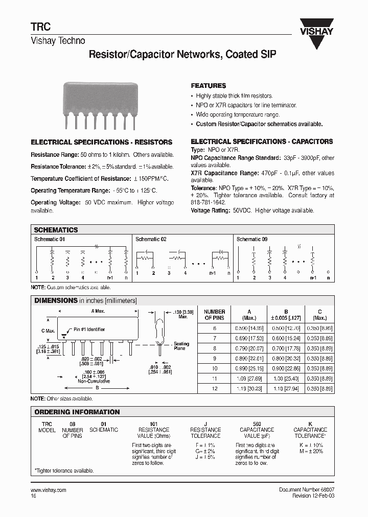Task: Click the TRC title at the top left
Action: [39, 29]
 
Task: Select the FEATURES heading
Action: [208, 86]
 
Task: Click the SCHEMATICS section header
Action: [56, 230]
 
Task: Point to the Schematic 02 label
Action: [151, 239]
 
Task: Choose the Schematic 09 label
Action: [252, 239]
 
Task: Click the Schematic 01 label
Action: [50, 239]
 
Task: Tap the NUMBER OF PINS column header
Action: [214, 315]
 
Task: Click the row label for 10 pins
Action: [214, 368]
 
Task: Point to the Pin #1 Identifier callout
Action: [89, 330]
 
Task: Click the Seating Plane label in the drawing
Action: [181, 346]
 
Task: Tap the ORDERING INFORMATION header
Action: [77, 412]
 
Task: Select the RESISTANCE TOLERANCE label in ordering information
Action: [205, 433]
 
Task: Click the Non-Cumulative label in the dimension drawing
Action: [91, 381]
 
